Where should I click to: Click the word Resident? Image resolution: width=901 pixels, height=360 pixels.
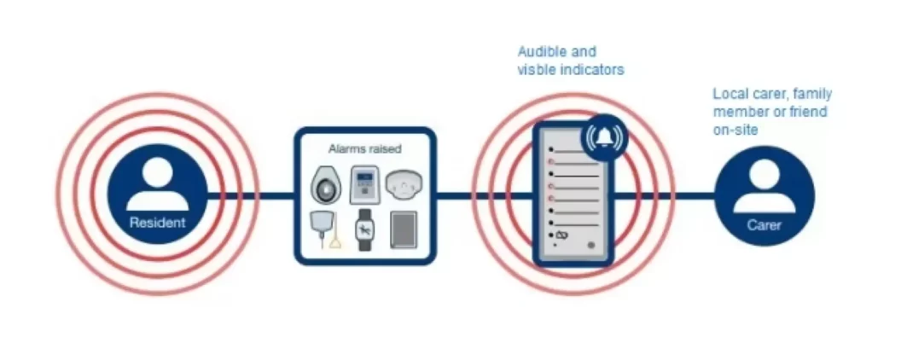(157, 224)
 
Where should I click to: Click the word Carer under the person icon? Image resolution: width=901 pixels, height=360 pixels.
(764, 225)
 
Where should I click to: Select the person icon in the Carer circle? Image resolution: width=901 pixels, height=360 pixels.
(764, 189)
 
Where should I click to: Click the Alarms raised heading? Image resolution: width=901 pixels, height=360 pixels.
(364, 148)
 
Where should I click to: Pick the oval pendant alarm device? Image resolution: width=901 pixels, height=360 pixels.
(325, 183)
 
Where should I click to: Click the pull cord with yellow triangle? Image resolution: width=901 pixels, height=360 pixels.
(324, 229)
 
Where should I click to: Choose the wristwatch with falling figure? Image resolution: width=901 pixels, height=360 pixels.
(364, 229)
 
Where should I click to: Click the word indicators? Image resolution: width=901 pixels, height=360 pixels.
(590, 70)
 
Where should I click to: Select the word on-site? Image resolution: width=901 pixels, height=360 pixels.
(735, 130)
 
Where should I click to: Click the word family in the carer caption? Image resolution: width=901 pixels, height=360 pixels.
(811, 94)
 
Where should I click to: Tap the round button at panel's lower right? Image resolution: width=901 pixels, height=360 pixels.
(590, 246)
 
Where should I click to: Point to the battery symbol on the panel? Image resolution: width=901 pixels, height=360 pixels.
(561, 235)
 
